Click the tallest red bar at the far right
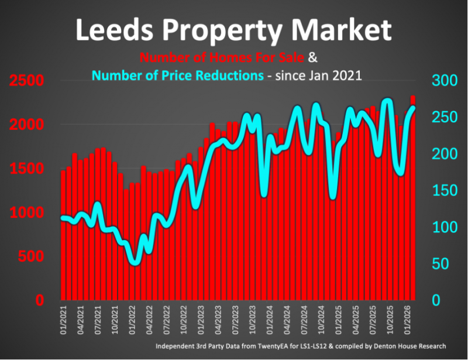(413, 199)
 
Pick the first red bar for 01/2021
(63, 234)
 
